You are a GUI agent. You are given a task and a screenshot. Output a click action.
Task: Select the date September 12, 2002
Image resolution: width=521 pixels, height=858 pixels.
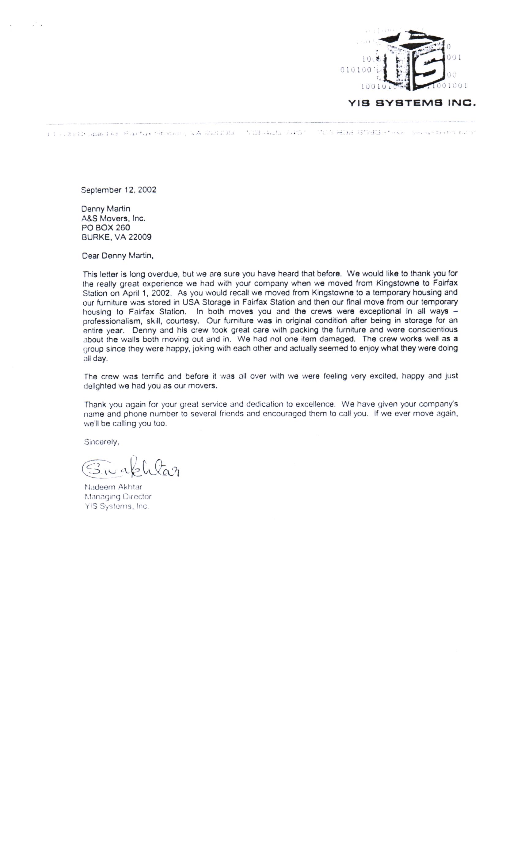point(118,190)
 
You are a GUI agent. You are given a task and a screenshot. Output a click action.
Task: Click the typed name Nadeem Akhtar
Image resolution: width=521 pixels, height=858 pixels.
point(113,487)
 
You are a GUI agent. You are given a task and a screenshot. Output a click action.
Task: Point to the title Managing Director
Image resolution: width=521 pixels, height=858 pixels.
point(118,496)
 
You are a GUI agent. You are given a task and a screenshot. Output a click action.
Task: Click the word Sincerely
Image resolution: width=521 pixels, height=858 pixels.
point(101,442)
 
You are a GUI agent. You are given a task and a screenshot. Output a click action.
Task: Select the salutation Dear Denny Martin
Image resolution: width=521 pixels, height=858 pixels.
point(117,256)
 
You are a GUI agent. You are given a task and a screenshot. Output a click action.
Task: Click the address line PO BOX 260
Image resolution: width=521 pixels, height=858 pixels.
point(105,227)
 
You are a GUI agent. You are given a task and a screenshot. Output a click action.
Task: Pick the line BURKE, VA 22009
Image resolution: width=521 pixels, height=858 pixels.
point(116,237)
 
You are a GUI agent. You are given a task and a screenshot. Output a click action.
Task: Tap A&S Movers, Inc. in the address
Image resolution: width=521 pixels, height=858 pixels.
point(113,218)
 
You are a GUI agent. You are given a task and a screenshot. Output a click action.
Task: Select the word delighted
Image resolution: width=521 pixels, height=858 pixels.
point(100,386)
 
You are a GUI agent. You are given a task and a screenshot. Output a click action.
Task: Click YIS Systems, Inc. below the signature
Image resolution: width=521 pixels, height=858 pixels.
point(116,506)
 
